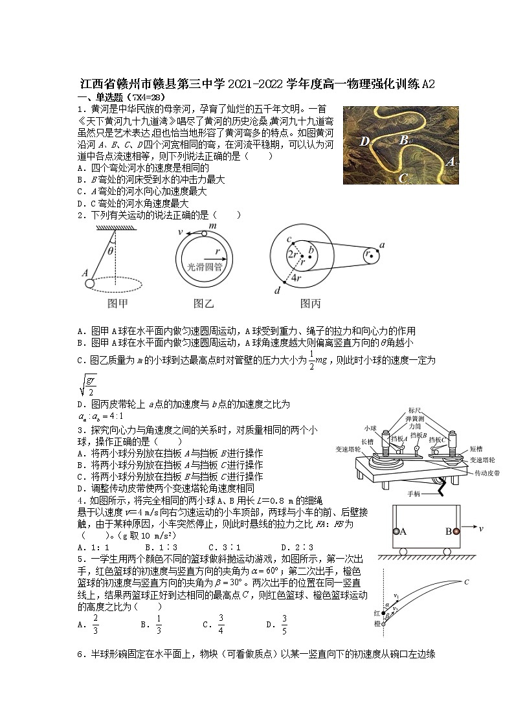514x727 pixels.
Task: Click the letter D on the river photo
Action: click(x=364, y=142)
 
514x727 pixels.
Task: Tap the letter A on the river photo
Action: click(x=450, y=162)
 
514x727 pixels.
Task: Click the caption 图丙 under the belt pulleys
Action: click(x=311, y=303)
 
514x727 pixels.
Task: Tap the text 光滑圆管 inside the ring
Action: click(x=203, y=265)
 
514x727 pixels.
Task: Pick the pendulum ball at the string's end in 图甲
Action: click(x=89, y=283)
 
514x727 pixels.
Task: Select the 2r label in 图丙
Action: click(x=292, y=254)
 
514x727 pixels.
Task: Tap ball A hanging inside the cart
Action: click(x=396, y=531)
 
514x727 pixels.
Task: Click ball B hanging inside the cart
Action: click(x=456, y=531)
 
